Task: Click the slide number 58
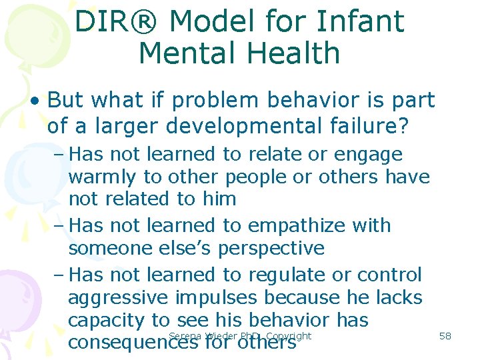pyautogui.click(x=445, y=336)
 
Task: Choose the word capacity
pyautogui.click(x=109, y=321)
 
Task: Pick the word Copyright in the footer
pyautogui.click(x=287, y=336)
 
